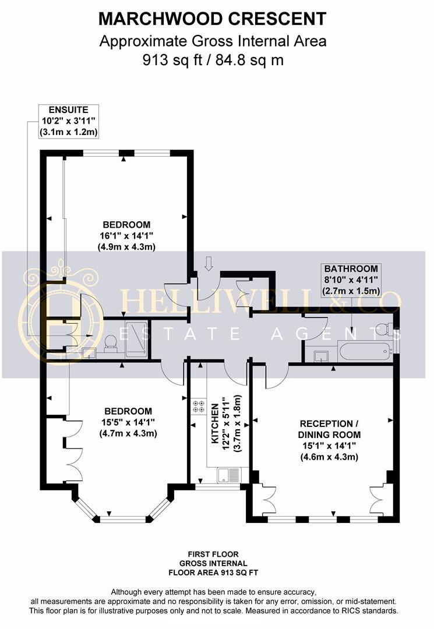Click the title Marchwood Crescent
[213, 19]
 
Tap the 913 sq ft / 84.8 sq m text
[213, 59]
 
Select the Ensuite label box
[68, 121]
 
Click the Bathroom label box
[351, 280]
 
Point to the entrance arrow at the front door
[209, 264]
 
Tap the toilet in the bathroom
[384, 329]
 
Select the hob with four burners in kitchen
[197, 406]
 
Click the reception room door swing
[276, 377]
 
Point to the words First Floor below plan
[213, 554]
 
